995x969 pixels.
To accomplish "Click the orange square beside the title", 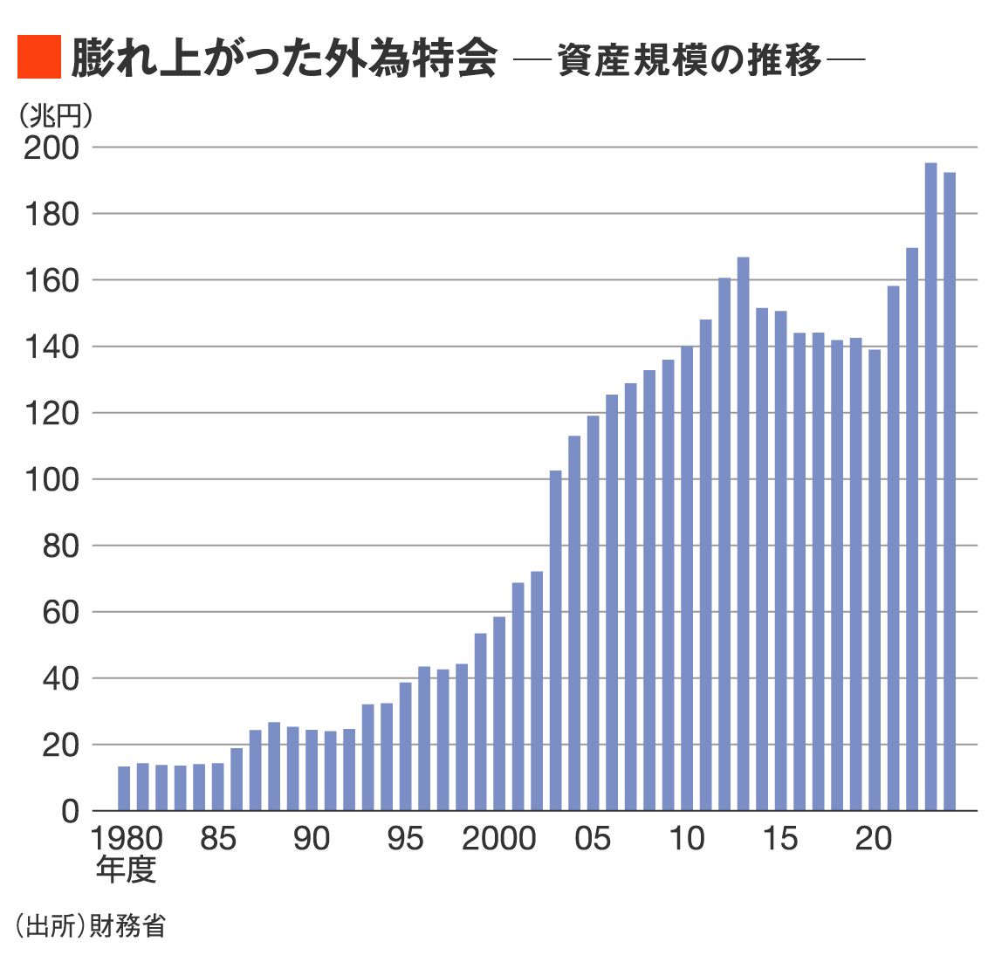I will click(38, 58).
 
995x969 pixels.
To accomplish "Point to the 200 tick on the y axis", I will click(51, 148).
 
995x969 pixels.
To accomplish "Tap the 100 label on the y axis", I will click(51, 480).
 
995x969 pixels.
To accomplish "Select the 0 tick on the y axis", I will click(70, 812).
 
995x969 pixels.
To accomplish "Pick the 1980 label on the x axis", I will click(127, 839).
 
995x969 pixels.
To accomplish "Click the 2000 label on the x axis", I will click(498, 839).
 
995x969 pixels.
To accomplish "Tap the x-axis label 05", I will click(593, 839).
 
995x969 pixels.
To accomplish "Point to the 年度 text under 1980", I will click(126, 869).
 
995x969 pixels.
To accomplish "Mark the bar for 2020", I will click(875, 580).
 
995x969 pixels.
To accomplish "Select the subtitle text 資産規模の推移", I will click(690, 61).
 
